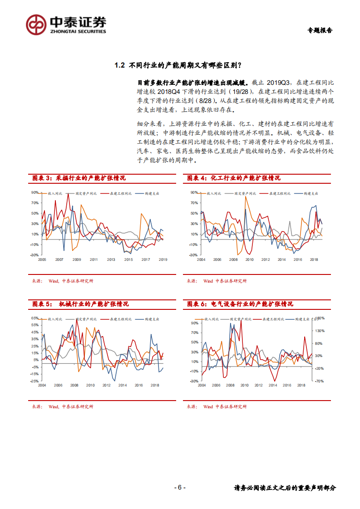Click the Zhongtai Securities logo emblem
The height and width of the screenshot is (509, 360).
pyautogui.click(x=36, y=24)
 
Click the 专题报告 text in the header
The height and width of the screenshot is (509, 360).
pyautogui.click(x=320, y=30)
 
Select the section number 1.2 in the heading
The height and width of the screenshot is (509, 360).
pyautogui.click(x=120, y=65)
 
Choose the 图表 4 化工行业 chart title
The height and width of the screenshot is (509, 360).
pyautogui.click(x=233, y=178)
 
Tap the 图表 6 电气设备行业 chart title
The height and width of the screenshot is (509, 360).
pyautogui.click(x=240, y=304)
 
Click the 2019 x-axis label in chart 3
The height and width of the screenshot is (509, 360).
pyautogui.click(x=163, y=259)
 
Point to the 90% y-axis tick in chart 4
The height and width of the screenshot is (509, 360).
pyautogui.click(x=194, y=192)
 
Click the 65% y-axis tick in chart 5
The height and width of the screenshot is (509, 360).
pyautogui.click(x=35, y=318)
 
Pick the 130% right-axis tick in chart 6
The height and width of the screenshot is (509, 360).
pyautogui.click(x=318, y=331)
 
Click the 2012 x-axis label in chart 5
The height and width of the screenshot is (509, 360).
pyautogui.click(x=107, y=385)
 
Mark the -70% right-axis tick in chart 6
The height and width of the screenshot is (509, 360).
pyautogui.click(x=318, y=381)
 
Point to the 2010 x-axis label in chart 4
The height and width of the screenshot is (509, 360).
pyautogui.click(x=249, y=259)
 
